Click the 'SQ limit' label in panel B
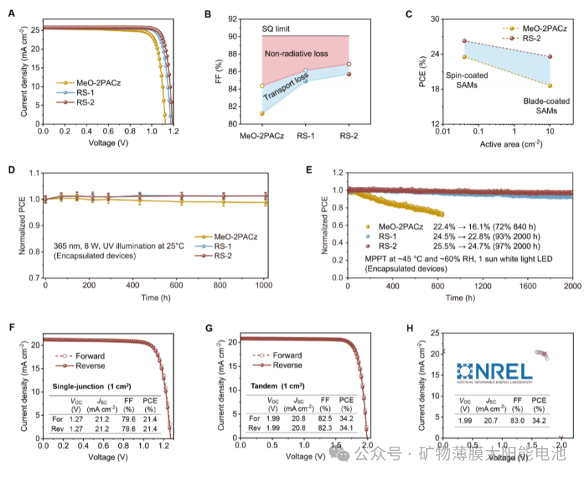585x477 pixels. (276, 29)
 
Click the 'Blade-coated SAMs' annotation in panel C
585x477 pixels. (542, 105)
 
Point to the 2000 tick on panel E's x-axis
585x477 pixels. (572, 287)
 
